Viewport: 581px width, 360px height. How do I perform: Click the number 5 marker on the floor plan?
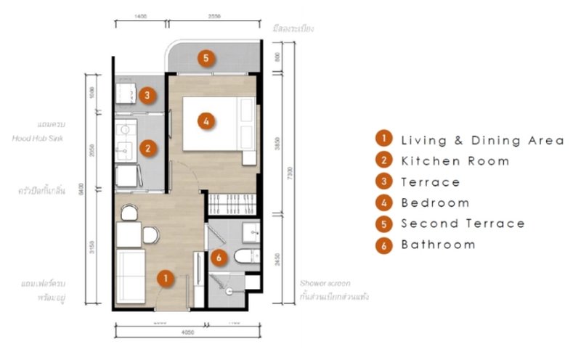point(206,57)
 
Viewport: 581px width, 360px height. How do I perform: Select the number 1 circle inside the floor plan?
point(166,277)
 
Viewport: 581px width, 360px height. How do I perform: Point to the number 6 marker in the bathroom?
point(217,256)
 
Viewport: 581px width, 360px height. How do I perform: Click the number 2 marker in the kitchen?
point(147,149)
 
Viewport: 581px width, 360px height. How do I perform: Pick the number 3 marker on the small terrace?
point(146,94)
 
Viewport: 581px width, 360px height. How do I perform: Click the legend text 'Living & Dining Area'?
point(482,140)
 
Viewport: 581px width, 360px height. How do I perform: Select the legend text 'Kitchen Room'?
point(455,161)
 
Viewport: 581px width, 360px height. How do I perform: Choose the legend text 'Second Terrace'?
point(463,224)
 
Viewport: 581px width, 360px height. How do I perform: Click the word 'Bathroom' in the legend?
point(438,245)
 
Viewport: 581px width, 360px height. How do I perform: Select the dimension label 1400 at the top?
point(141,15)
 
